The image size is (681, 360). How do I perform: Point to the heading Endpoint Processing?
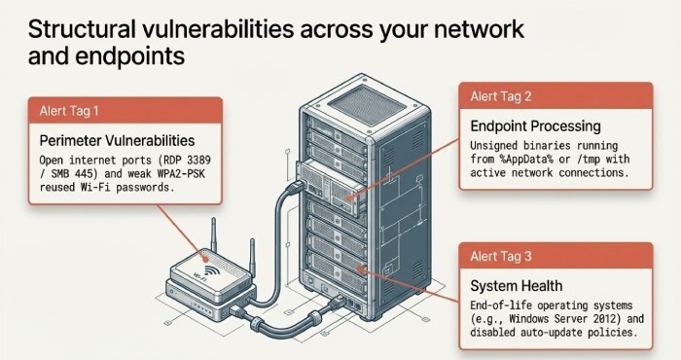[x=535, y=126]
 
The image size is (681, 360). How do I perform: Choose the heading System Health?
[x=517, y=286]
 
